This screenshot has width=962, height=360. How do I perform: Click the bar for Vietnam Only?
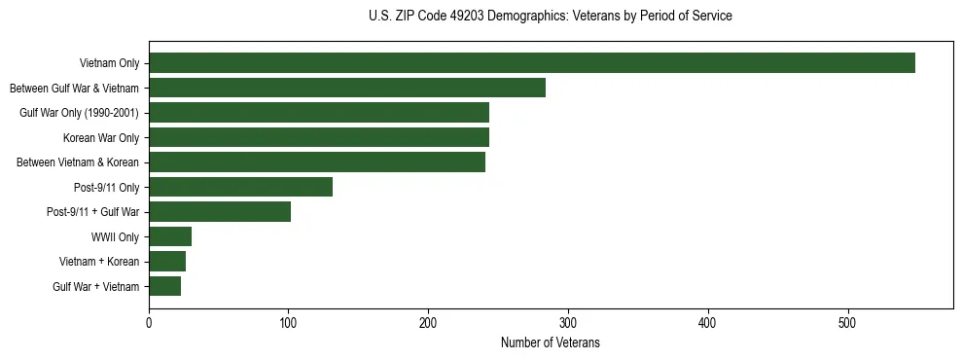531,63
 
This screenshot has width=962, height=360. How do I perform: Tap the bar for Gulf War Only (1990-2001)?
318,113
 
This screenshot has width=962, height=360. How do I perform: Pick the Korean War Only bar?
318,137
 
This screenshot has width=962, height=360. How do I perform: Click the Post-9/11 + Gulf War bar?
220,212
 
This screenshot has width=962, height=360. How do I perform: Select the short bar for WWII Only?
170,236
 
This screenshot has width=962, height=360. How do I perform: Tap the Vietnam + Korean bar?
167,262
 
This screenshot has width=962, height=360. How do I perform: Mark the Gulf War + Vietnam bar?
164,286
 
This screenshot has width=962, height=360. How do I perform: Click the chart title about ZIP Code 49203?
551,17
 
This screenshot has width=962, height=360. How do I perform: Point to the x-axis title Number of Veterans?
551,343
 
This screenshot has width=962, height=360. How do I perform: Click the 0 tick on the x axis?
149,324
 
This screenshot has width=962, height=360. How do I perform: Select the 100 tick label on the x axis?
288,324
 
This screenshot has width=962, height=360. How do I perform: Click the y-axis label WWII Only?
115,237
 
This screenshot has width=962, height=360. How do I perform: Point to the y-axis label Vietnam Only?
109,64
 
